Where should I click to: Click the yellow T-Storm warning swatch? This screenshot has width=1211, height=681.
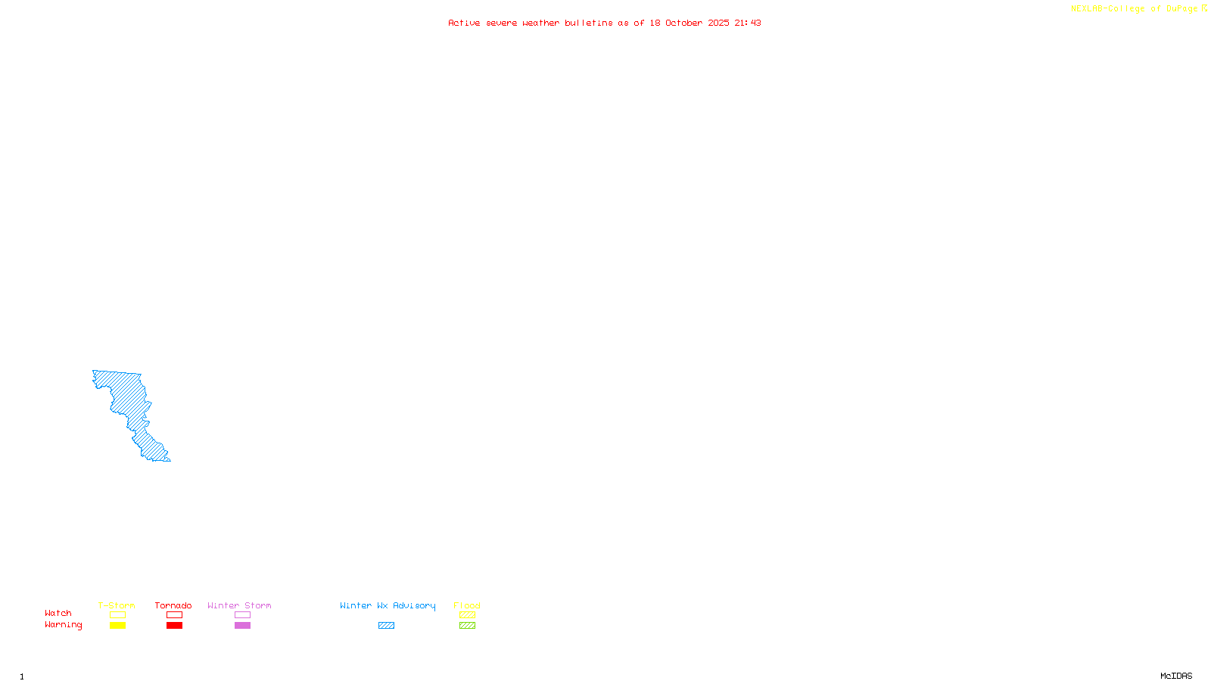click(x=117, y=626)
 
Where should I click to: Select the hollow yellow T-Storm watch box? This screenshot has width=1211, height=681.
click(x=117, y=615)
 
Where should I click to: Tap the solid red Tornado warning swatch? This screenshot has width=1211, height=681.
click(x=174, y=626)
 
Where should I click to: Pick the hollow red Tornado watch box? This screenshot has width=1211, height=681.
click(x=174, y=615)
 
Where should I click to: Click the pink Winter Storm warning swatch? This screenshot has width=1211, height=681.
click(x=242, y=626)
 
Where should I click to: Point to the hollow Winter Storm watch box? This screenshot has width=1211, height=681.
click(x=242, y=615)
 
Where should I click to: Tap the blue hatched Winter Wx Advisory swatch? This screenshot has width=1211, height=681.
click(x=386, y=626)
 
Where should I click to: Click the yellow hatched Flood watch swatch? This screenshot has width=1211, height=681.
click(x=467, y=615)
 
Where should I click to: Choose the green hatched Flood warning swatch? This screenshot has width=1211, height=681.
click(x=467, y=626)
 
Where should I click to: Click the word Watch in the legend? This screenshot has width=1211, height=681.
click(x=58, y=614)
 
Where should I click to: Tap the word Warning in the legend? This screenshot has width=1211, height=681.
click(x=63, y=625)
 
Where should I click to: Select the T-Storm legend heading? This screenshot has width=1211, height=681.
click(x=117, y=605)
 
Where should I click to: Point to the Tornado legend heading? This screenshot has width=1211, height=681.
click(x=173, y=605)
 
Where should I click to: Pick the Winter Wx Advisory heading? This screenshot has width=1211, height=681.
click(x=388, y=605)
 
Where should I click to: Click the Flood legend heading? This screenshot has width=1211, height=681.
click(x=467, y=605)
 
